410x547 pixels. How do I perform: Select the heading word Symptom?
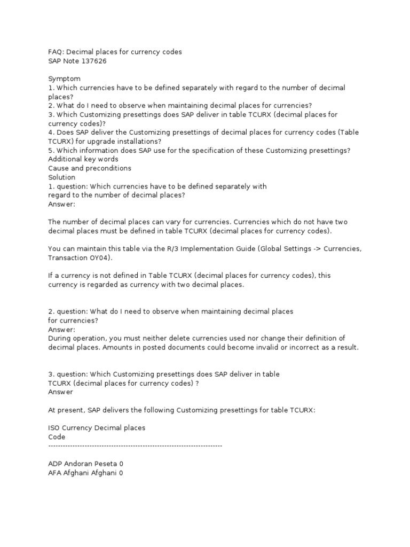[x=64, y=79]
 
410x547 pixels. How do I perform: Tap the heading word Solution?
[x=62, y=177]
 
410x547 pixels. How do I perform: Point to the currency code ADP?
[x=55, y=464]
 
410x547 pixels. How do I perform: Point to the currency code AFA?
[x=55, y=473]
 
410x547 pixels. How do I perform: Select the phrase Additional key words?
[x=83, y=159]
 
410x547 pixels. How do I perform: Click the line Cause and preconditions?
[x=89, y=168]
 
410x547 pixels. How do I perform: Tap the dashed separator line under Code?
[x=135, y=445]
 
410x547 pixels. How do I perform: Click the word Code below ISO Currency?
[x=57, y=437]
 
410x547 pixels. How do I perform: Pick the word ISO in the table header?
[x=54, y=428]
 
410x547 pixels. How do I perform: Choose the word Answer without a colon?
[x=60, y=392]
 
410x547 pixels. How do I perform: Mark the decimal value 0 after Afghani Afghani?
[x=121, y=473]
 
